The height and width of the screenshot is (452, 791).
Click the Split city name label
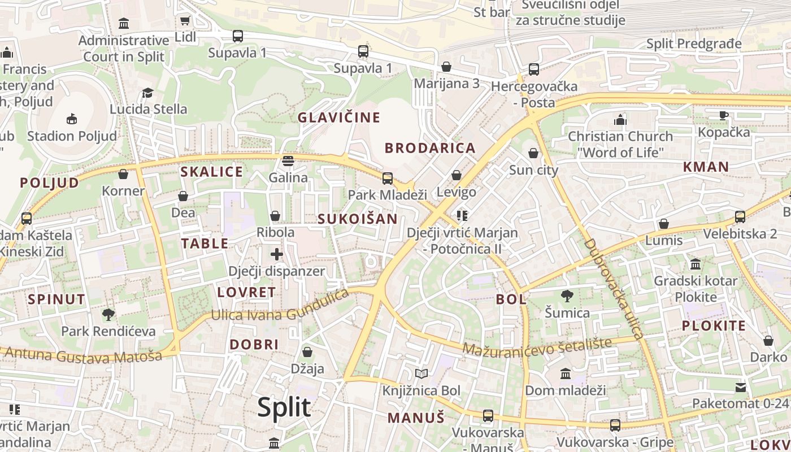point(284,407)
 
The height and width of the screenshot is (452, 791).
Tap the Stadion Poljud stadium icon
point(72,119)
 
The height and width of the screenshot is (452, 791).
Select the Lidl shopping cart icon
point(185,21)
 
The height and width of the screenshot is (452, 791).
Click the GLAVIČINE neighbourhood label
point(339,118)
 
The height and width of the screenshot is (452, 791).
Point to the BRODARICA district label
point(430,148)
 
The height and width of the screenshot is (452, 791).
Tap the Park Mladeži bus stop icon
point(388,179)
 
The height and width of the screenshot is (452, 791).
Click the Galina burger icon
point(288,161)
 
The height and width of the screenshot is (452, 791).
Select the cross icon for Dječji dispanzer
point(277,254)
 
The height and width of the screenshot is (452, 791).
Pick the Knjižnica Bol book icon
point(421,373)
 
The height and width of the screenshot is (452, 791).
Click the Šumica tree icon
point(567,295)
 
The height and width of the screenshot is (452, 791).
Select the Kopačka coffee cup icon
point(724,115)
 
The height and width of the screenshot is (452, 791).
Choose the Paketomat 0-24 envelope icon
point(740,387)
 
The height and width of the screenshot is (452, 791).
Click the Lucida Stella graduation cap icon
point(148,92)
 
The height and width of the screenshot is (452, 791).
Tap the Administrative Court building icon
point(124,23)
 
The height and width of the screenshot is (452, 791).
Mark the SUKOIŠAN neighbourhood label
point(357,219)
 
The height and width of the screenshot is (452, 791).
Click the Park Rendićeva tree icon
point(108,314)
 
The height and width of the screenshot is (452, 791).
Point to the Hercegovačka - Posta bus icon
point(534,69)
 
